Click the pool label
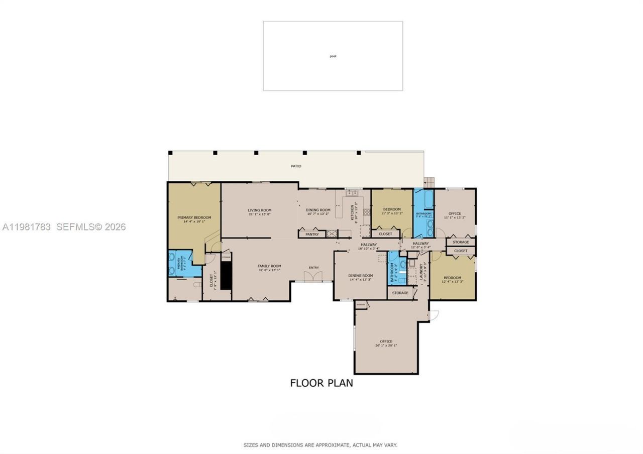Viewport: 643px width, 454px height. click(x=333, y=56)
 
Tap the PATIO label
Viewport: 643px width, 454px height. click(x=296, y=166)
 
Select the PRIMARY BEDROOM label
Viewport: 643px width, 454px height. click(x=194, y=217)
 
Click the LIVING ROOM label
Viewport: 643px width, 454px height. click(x=259, y=210)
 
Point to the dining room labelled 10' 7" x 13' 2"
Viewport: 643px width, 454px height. click(x=318, y=210)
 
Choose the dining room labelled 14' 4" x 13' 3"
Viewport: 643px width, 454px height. click(x=361, y=276)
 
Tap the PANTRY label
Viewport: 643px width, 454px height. click(x=312, y=234)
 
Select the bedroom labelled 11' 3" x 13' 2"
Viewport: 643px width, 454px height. click(x=392, y=209)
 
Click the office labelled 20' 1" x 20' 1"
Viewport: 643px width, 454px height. click(x=386, y=342)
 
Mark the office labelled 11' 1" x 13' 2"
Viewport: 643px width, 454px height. click(x=455, y=214)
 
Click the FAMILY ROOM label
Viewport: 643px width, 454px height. click(x=269, y=266)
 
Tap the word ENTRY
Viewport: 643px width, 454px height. click(x=313, y=267)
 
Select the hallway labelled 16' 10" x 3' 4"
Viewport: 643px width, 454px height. click(x=368, y=245)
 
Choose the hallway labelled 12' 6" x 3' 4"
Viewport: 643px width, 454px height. click(x=420, y=244)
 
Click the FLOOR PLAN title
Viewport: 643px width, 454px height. click(x=321, y=383)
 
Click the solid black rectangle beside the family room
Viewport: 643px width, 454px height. click(x=226, y=275)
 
